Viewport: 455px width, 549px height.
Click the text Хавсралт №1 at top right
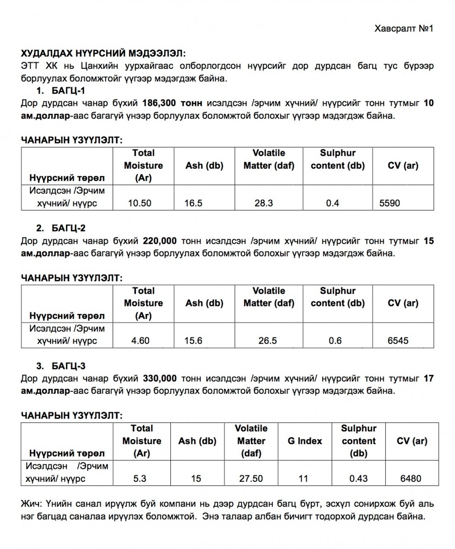(x=404, y=29)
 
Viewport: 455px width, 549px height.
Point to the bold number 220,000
(x=160, y=241)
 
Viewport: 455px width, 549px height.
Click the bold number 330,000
(x=160, y=379)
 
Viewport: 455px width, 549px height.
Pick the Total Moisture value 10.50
(x=140, y=203)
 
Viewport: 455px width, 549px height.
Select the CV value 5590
(x=389, y=203)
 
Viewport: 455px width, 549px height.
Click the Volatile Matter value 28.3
(x=264, y=203)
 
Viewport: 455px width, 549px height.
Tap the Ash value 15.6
(x=193, y=340)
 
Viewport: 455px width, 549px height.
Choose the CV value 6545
(x=398, y=340)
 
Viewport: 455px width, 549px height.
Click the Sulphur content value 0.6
(x=336, y=340)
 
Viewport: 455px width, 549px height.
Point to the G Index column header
(x=304, y=441)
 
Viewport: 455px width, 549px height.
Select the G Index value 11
(x=303, y=479)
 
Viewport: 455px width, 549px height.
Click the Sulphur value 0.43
(x=358, y=479)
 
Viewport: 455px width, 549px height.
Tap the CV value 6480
(x=411, y=479)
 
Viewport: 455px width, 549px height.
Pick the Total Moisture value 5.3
(x=140, y=479)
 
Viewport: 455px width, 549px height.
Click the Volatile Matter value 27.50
(x=251, y=479)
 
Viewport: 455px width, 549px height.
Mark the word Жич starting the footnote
(x=31, y=504)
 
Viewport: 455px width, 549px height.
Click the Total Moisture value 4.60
(x=140, y=340)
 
